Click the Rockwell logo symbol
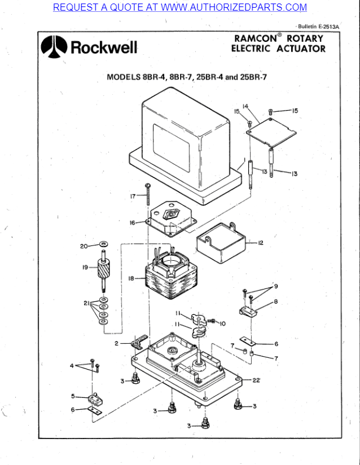(55, 47)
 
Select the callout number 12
(260, 243)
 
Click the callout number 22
(256, 381)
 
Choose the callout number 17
(133, 195)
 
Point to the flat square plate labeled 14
(271, 130)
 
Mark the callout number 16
(133, 222)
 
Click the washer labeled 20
(104, 243)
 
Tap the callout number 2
(116, 343)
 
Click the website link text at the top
(180, 7)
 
